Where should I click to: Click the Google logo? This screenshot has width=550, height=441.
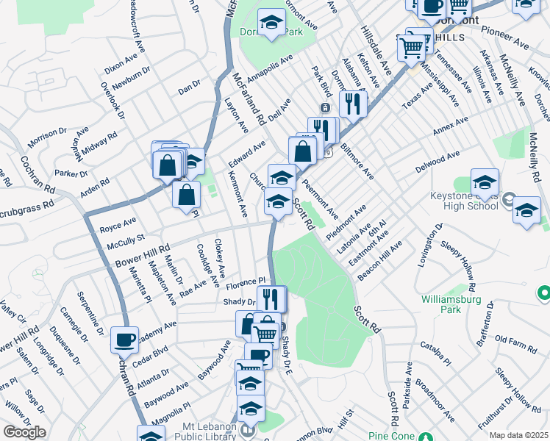click(24, 432)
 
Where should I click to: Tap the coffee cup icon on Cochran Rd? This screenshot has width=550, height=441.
click(125, 340)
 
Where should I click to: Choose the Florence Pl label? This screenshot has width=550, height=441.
click(245, 282)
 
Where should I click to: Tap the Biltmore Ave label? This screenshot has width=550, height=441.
click(357, 161)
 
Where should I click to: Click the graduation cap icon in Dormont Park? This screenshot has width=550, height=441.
click(271, 24)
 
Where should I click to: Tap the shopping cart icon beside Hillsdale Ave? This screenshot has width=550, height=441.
click(412, 48)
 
